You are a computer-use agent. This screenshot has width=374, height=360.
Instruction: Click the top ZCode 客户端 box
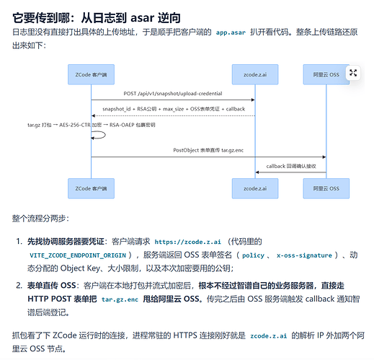(91, 74)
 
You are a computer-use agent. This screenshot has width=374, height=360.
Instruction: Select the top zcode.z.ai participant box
(255, 74)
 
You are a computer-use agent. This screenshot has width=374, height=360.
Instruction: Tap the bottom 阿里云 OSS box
(326, 188)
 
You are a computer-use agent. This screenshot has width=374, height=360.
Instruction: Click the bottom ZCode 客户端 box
(91, 188)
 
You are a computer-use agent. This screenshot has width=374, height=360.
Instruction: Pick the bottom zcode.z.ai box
(255, 188)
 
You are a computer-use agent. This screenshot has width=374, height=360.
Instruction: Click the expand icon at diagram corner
(353, 73)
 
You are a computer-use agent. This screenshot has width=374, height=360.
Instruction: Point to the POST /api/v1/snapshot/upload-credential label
(173, 94)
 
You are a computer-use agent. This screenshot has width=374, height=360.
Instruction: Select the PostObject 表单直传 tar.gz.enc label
(208, 150)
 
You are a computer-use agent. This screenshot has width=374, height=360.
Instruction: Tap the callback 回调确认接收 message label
(291, 166)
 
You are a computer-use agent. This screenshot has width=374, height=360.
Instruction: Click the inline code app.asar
(231, 32)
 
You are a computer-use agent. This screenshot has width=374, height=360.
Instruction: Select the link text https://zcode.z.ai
(187, 242)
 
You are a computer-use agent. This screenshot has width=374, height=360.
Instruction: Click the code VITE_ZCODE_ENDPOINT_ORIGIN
(78, 255)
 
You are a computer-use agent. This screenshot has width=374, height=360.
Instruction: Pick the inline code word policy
(253, 255)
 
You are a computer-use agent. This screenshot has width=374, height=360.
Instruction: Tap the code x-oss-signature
(304, 255)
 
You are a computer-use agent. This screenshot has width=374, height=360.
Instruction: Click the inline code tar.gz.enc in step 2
(120, 299)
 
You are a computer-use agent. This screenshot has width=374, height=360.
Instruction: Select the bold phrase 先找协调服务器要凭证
(66, 242)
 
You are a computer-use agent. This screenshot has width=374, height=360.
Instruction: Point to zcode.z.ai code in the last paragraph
(269, 335)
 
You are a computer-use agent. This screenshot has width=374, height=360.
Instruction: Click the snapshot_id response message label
(174, 109)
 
